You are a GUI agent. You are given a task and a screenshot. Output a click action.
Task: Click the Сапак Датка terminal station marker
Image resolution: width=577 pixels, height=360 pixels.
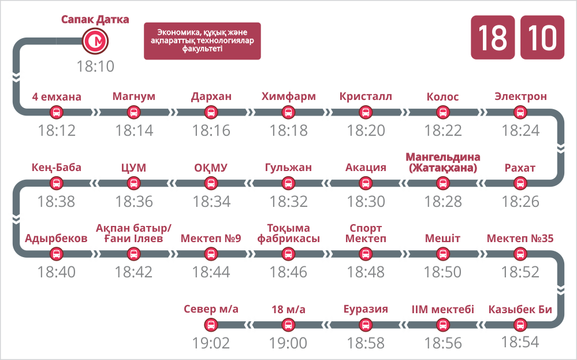click(95, 41)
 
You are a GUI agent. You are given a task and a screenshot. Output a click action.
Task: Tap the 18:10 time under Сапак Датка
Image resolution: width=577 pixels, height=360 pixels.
click(95, 66)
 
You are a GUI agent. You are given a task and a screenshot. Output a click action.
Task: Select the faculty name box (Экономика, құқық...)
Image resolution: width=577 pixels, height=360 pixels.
click(202, 41)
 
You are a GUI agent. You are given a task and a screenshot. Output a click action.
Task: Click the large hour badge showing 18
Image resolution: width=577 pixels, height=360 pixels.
click(493, 38)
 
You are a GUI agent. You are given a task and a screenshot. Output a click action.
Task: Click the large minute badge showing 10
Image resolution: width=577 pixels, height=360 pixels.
click(542, 38)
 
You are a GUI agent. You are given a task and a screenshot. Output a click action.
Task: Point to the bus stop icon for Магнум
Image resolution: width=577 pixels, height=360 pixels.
click(133, 112)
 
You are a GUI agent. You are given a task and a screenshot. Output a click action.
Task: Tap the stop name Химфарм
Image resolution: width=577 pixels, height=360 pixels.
click(289, 97)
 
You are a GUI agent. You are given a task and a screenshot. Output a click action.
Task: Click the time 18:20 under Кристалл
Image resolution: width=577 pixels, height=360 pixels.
click(366, 131)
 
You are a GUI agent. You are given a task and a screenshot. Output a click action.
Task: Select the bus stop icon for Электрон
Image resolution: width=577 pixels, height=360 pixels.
click(520, 112)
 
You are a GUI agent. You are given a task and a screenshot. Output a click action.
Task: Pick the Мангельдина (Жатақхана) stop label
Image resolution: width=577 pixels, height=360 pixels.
click(442, 162)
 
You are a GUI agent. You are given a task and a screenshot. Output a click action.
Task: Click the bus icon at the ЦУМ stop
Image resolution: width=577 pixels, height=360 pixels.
click(133, 183)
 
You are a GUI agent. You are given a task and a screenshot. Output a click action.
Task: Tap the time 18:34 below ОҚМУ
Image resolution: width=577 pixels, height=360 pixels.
click(211, 202)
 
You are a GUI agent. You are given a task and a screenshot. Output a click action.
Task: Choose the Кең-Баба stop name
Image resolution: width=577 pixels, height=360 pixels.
click(56, 168)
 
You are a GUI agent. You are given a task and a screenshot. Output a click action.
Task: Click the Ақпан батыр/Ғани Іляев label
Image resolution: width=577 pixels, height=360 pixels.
click(133, 233)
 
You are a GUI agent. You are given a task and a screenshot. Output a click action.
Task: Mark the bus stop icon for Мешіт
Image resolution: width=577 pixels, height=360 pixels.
click(442, 254)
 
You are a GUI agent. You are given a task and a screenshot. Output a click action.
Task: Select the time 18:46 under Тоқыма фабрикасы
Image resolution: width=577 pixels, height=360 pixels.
click(289, 272)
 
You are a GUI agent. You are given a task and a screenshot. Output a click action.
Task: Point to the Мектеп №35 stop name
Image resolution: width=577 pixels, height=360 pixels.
click(520, 239)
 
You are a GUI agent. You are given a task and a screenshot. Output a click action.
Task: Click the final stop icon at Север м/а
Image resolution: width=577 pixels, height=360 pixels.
click(211, 325)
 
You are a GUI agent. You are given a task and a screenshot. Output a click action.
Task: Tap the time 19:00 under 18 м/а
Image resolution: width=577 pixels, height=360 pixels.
click(289, 343)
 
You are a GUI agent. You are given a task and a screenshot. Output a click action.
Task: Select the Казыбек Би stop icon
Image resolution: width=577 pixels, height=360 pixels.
click(520, 325)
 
